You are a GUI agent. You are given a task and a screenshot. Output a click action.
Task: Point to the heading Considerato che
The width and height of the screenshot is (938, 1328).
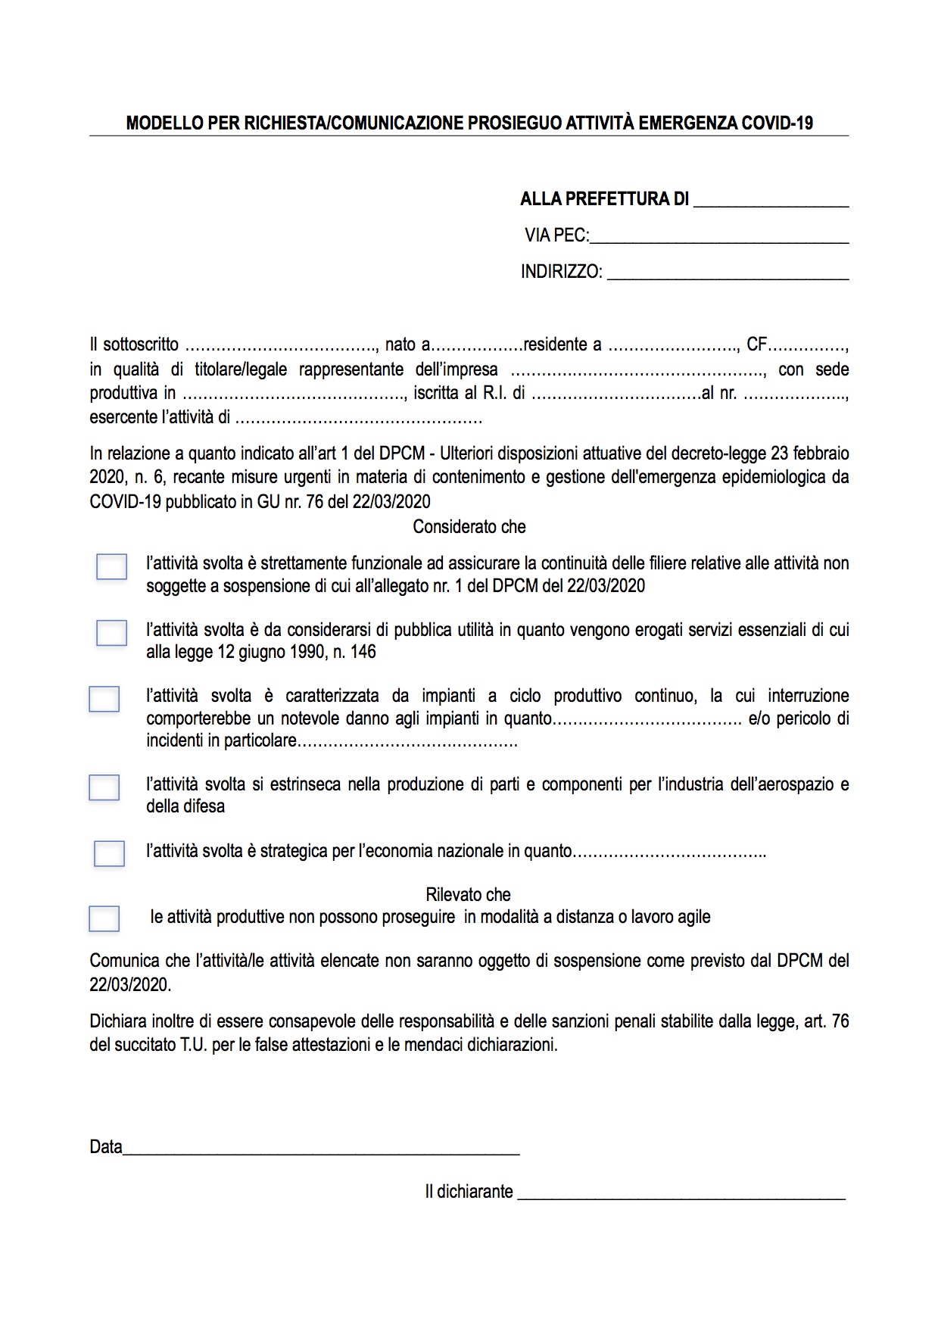[x=469, y=527]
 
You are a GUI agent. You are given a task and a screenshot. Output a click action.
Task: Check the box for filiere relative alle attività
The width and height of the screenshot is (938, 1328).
[x=111, y=567]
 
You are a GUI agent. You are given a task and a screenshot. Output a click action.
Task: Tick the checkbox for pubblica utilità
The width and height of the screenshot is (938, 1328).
[x=111, y=633]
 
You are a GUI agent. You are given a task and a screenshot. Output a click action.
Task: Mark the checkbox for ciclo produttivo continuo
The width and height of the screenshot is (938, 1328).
[x=104, y=699]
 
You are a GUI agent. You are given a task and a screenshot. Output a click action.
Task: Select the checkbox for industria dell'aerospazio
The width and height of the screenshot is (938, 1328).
[x=104, y=787]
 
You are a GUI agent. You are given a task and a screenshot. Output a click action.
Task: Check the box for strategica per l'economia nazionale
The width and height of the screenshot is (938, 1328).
[x=109, y=853]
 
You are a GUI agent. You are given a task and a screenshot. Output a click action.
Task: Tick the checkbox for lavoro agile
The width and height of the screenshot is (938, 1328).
[x=104, y=918]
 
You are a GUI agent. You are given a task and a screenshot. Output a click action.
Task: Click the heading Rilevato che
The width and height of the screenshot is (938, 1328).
[x=468, y=895]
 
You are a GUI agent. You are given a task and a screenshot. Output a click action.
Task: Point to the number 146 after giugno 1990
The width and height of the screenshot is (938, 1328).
[x=363, y=652]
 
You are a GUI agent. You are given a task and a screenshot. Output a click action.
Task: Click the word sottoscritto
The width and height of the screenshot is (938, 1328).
[x=141, y=345]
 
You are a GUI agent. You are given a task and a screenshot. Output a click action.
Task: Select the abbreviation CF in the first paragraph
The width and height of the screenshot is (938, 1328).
[x=756, y=345]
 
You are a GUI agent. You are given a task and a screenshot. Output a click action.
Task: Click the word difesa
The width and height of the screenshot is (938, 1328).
[x=205, y=806]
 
